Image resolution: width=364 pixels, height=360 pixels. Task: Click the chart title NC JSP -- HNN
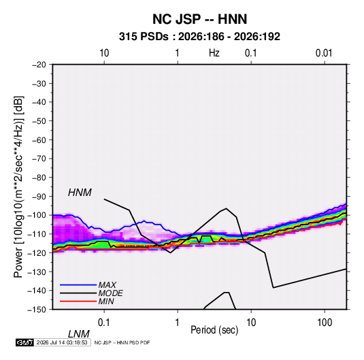pos(199,19)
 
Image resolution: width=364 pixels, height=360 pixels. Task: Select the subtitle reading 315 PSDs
pos(144,37)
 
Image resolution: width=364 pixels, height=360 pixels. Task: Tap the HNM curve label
pos(80,193)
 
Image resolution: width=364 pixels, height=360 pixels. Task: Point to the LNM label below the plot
pos(79,334)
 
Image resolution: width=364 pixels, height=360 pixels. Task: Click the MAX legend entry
pos(107,285)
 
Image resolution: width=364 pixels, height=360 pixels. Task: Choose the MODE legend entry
pos(110,293)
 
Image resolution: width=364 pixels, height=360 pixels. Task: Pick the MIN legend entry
pos(106,301)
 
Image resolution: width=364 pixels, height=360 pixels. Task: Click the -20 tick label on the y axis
pos(39,65)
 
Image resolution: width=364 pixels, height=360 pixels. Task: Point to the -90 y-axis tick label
pos(39,197)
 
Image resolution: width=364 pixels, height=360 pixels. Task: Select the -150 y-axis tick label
pos(37,310)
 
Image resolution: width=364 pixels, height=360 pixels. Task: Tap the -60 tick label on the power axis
pos(39,140)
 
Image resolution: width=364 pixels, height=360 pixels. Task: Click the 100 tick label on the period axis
pos(325,323)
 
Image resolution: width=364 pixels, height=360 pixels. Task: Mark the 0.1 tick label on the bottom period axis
pos(104,323)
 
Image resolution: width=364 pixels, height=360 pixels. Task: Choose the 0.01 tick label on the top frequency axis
pos(324,53)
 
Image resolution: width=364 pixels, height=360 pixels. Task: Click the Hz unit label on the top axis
pos(214,53)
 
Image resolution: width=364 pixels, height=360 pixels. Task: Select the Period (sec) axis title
pos(214,330)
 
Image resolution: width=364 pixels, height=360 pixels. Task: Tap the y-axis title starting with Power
pos(18,187)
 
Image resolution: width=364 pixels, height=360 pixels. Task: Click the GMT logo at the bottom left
pos(24,342)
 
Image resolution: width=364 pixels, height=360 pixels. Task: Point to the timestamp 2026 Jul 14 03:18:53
pos(62,342)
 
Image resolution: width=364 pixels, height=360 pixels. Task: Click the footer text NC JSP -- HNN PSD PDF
pos(122,342)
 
